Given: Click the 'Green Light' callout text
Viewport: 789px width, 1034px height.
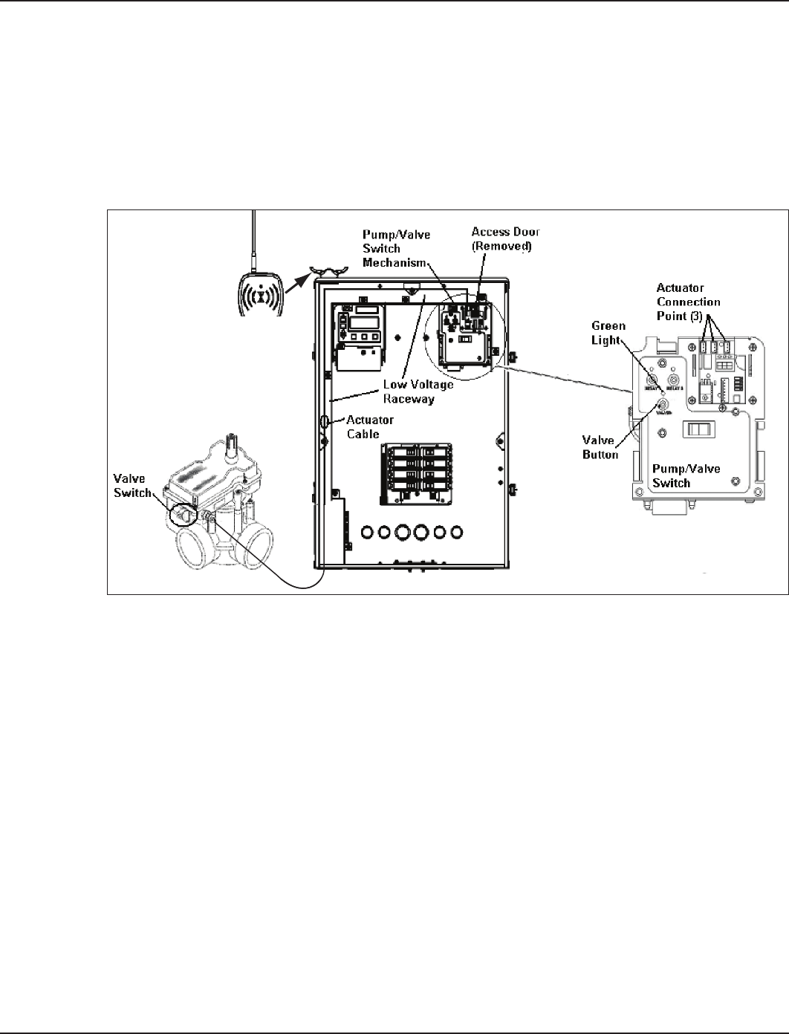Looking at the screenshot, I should pos(608,333).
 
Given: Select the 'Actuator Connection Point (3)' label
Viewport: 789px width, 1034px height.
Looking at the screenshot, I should pos(688,302).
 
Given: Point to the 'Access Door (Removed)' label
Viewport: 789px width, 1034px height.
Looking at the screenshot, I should pos(505,238).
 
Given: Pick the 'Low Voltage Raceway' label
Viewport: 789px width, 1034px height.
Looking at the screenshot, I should pos(417,391).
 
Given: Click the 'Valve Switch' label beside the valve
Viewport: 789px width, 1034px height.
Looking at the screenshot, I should pos(132,486).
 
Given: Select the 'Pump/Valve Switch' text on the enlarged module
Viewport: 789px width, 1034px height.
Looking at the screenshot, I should pos(681,476).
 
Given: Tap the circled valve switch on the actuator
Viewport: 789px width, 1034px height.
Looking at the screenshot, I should pos(183,514).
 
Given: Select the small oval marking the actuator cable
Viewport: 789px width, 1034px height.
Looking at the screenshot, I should pos(325,423).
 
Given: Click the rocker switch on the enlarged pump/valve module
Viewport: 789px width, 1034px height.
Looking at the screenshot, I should pos(698,429).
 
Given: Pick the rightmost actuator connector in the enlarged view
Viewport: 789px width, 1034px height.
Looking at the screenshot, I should pos(726,346).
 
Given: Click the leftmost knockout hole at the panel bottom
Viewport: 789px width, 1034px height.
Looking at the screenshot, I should pos(366,532).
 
